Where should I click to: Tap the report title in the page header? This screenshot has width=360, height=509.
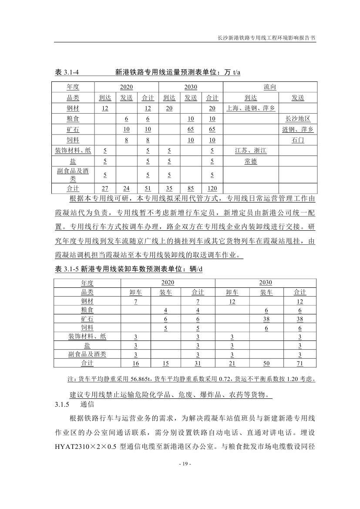(266, 38)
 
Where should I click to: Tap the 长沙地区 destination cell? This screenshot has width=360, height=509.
(298, 118)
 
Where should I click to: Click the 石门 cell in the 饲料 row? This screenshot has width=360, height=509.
(298, 140)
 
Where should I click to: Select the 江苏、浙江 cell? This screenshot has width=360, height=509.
(250, 151)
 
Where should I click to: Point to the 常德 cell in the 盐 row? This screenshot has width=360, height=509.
(250, 162)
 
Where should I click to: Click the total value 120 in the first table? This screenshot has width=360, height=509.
(212, 189)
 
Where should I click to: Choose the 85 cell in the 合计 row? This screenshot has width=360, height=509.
(190, 189)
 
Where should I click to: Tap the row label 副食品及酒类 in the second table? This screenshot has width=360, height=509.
(87, 354)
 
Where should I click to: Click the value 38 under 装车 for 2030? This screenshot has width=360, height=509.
(266, 319)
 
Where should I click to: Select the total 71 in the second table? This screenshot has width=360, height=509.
(299, 364)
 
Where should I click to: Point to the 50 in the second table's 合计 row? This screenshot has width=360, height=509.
(266, 364)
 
